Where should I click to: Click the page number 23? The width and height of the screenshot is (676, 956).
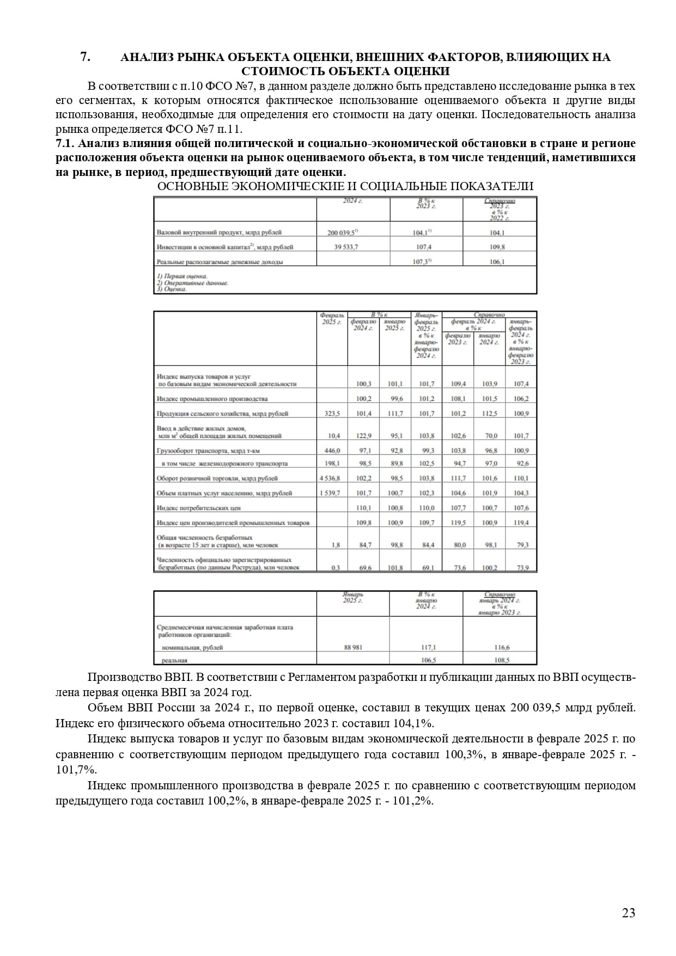628,913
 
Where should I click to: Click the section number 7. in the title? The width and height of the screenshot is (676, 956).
85,57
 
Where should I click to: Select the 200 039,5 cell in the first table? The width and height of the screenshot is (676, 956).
343,233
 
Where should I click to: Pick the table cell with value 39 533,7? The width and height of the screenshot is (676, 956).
346,247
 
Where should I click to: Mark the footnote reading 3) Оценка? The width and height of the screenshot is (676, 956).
172,289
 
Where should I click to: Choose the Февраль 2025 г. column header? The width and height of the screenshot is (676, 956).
332,319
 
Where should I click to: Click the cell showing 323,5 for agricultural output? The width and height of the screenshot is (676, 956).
332,414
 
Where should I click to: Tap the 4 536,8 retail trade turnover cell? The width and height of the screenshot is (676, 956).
330,479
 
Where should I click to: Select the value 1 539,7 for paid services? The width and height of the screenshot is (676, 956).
330,494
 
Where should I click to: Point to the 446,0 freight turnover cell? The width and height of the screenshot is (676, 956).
332,451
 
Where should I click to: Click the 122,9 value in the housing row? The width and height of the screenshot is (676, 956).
363,436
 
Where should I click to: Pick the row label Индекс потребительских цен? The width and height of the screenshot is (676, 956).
198,508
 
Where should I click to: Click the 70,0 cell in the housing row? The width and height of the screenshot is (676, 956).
491,436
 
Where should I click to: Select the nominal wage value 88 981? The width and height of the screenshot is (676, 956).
353,648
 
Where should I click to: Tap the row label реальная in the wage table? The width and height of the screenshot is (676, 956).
174,660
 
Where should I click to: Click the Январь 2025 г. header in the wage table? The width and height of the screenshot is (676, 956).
352,598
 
